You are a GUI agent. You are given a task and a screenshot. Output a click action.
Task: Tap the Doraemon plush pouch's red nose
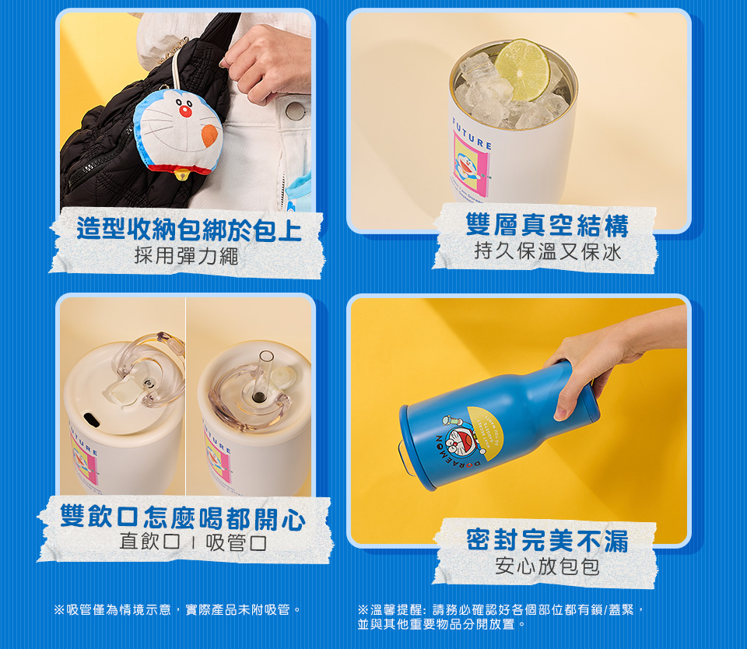tap(185, 111)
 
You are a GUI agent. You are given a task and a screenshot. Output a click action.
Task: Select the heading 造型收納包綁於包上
tap(189, 230)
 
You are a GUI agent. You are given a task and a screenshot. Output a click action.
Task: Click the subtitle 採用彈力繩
tap(186, 256)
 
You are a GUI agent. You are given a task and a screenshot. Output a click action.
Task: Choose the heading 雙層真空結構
tap(547, 226)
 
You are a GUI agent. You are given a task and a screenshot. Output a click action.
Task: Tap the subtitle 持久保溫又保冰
tap(548, 251)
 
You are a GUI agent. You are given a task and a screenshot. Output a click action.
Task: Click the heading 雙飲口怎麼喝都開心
tap(183, 517)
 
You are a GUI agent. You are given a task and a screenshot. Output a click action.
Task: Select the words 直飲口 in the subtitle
tap(150, 542)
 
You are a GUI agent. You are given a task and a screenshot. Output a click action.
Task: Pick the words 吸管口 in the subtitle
tap(237, 542)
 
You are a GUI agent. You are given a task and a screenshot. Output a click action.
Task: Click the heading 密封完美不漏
tap(547, 540)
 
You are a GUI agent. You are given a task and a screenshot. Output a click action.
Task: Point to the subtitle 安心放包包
tap(547, 566)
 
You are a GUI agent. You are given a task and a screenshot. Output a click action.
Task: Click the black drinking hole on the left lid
tap(92, 419)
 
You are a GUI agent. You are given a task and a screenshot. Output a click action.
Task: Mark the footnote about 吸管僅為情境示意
tap(177, 609)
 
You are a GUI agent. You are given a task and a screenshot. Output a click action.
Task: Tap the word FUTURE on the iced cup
tap(472, 133)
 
